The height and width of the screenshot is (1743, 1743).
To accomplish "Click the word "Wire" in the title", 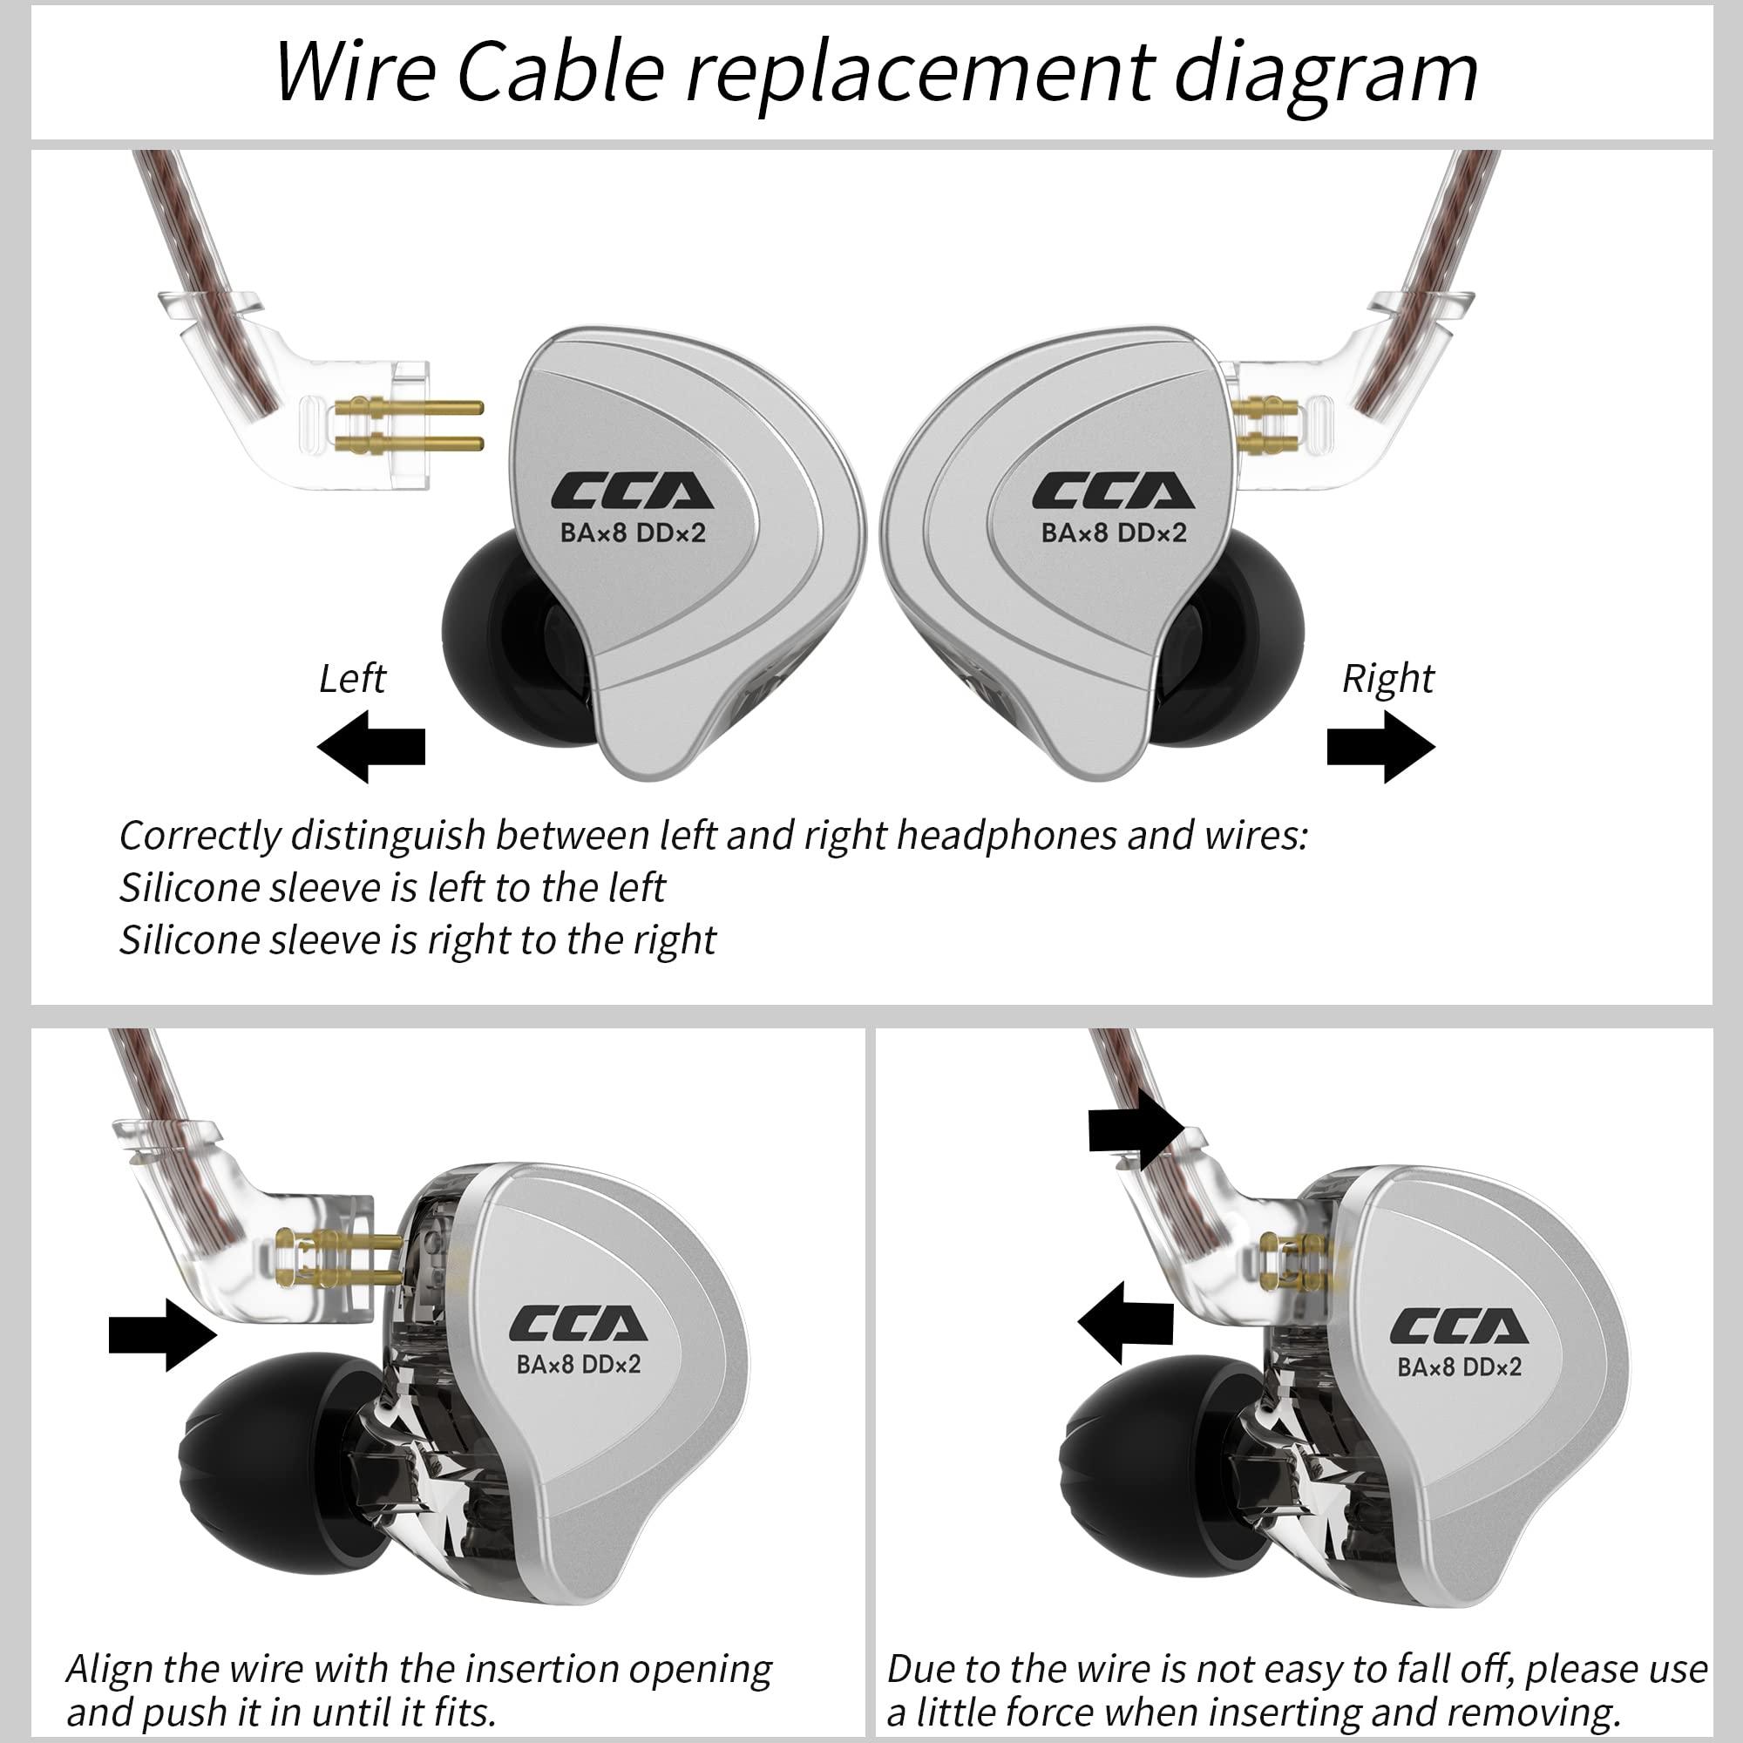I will tap(356, 72).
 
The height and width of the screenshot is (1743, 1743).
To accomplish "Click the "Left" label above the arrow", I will tap(352, 678).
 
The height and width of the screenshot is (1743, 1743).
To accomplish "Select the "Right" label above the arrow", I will tap(1387, 678).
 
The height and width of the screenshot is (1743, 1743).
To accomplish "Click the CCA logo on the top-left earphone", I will tap(633, 492).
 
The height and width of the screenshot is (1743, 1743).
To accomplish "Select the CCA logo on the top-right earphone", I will tap(1113, 492).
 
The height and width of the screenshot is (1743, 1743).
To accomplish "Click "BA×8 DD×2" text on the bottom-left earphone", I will tap(579, 1364).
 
